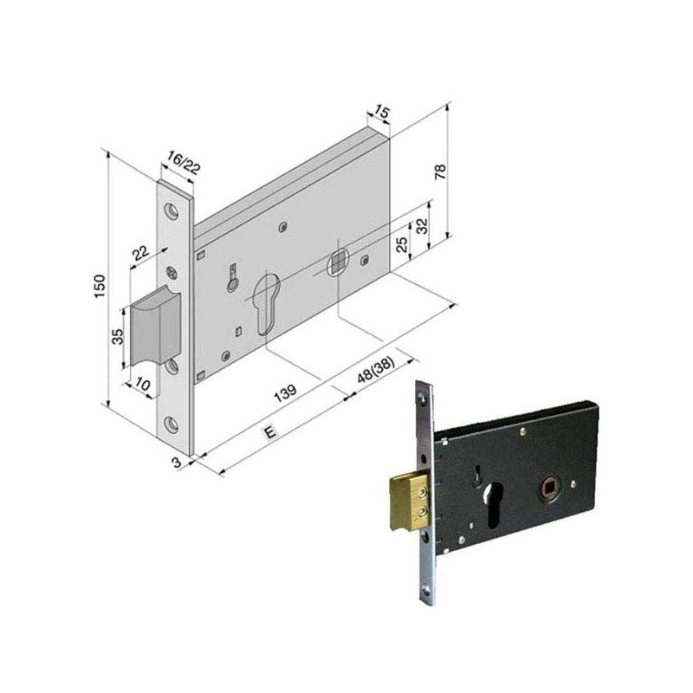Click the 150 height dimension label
pos(100,286)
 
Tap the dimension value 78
pos(441,171)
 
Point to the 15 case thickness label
pos(380,112)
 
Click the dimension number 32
pos(423,226)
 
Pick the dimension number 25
pos(402,244)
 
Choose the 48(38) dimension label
pos(376,370)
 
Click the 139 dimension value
pos(285,393)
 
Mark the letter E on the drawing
pos(269,431)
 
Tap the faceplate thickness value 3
pos(177,463)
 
